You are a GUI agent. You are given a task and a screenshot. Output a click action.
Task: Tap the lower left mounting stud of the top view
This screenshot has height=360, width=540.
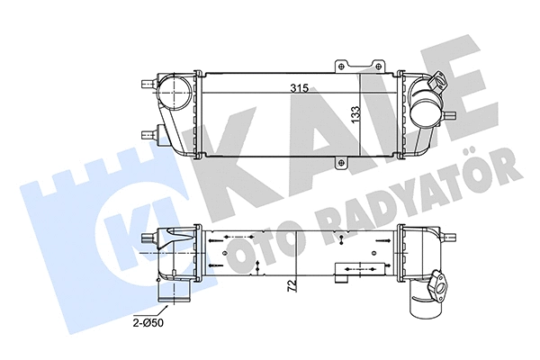[148, 135]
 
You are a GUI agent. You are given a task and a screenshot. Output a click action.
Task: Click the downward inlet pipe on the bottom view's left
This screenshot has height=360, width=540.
[166, 292]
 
